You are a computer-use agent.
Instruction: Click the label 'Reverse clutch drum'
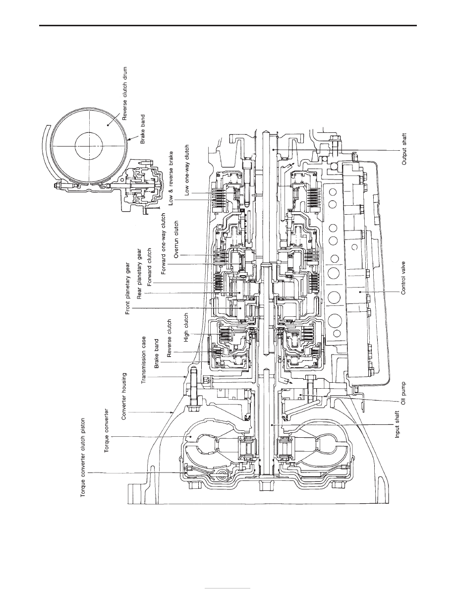pos(125,94)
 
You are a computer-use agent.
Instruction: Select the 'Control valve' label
pos(404,278)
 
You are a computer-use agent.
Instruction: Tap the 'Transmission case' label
pos(143,360)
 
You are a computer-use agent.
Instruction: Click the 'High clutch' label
pos(186,328)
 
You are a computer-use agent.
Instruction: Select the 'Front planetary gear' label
pos(128,288)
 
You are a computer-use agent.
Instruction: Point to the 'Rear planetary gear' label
pos(139,274)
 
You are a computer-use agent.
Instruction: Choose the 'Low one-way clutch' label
pos(187,170)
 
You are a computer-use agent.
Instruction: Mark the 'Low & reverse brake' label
pos(171,178)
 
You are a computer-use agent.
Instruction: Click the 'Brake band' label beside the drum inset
pos(143,129)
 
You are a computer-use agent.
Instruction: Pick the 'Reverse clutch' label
pos(170,338)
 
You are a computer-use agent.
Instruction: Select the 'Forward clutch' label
pos(150,267)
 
